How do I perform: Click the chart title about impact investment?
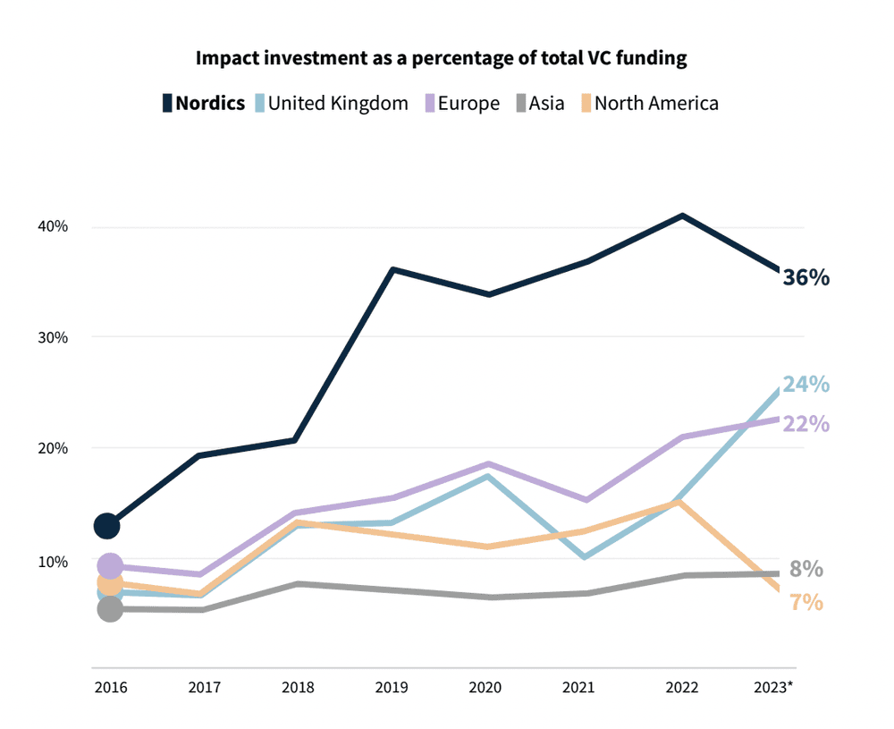tap(442, 59)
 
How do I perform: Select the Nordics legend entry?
tap(204, 103)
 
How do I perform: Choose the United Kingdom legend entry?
tap(331, 103)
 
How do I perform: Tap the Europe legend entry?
tap(462, 103)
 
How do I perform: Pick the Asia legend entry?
tap(539, 103)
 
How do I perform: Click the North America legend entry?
tap(648, 103)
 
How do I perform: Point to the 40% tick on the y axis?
tap(53, 226)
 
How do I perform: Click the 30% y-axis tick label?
tap(53, 337)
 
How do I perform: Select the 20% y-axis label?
tap(53, 448)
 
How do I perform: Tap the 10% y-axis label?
tap(53, 562)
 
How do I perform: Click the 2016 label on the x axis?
tap(110, 687)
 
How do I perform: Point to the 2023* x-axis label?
tap(774, 687)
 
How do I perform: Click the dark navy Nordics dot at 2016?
tap(107, 525)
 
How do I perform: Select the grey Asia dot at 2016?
tap(109, 609)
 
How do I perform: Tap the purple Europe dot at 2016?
tap(109, 565)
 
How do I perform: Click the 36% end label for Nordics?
tap(805, 278)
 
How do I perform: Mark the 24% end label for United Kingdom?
tap(805, 385)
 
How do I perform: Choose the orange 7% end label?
tap(805, 603)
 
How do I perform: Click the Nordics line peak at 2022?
tap(682, 216)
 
